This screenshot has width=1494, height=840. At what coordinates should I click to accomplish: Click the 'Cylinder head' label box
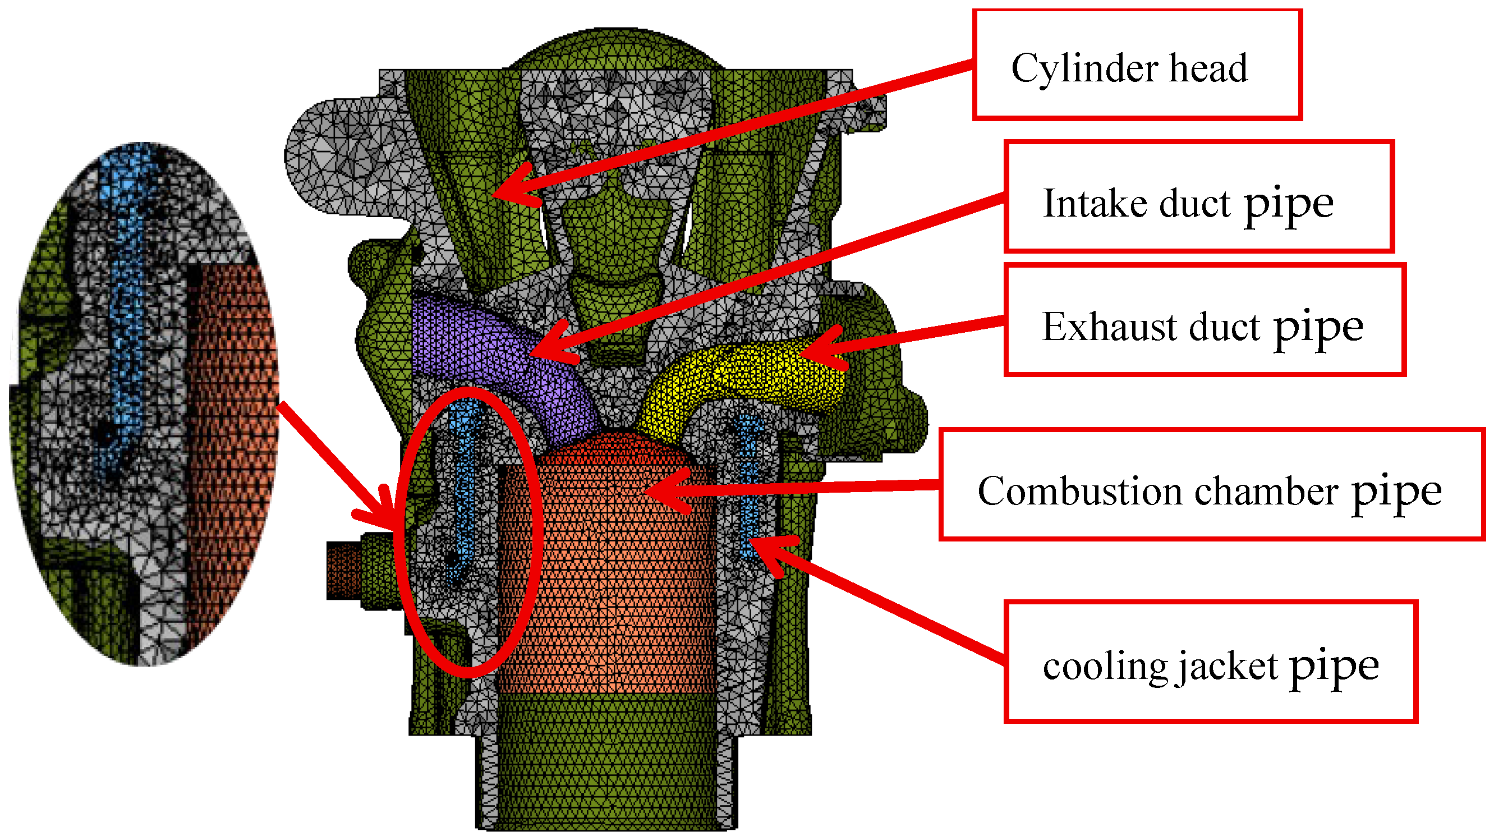[1137, 65]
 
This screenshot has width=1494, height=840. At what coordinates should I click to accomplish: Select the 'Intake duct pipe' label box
[1199, 196]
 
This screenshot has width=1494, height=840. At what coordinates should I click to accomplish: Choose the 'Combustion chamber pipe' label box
[1211, 485]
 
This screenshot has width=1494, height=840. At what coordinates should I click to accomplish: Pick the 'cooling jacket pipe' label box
[1210, 662]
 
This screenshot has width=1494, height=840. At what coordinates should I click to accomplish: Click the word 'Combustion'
[1079, 492]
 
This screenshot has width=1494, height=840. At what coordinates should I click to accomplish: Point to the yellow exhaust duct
[748, 377]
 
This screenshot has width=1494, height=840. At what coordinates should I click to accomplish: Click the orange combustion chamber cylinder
[609, 580]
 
